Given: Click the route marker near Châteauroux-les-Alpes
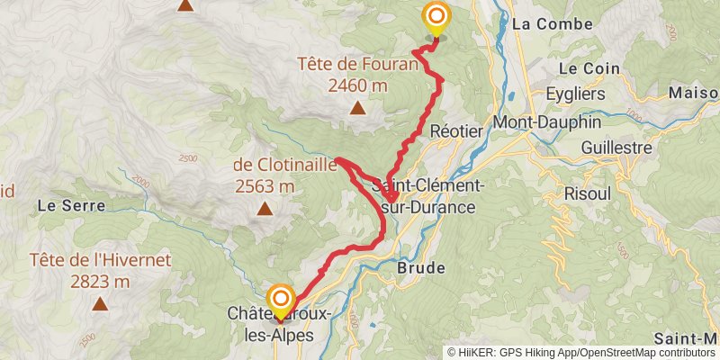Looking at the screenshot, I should coord(281,301).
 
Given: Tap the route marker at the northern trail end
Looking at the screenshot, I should coord(436,17).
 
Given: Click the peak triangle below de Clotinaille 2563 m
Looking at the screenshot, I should coord(265,210).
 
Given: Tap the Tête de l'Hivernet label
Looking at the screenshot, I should coord(100,260).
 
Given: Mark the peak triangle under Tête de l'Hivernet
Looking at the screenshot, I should coord(100,304).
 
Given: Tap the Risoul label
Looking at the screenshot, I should coord(586,193).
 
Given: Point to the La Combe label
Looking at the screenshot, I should coord(540,24).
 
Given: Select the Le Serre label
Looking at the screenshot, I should coord(71,205).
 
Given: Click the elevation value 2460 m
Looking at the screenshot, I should coord(358,85).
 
